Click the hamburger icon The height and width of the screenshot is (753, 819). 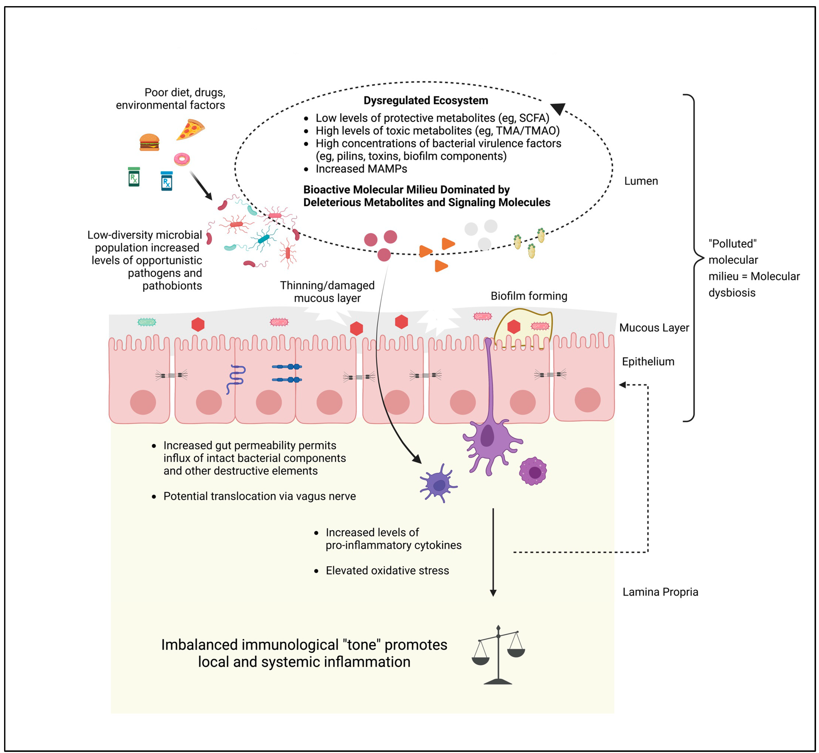click(x=149, y=142)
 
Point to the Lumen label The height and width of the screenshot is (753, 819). click(x=641, y=181)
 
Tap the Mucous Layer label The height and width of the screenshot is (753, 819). click(x=654, y=328)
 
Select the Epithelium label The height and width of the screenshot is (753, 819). click(x=648, y=361)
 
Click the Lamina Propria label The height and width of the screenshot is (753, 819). click(x=660, y=592)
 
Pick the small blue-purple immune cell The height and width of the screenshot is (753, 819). click(x=438, y=484)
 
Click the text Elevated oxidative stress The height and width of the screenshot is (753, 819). click(x=387, y=570)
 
